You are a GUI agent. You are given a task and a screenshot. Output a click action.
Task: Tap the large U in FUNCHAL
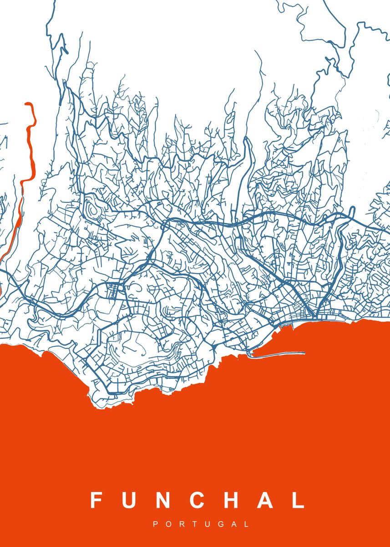(129, 500)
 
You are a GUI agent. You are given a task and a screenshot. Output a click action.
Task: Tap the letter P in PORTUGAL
(156, 525)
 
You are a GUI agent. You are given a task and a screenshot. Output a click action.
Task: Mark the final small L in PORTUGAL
(247, 525)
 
